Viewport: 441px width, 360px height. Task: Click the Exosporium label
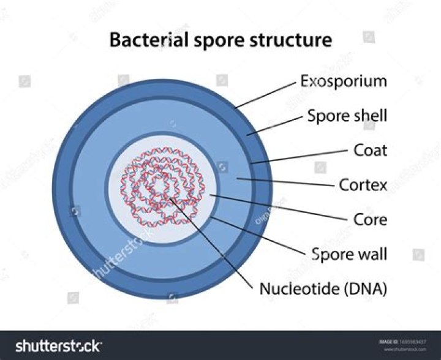pyautogui.click(x=343, y=81)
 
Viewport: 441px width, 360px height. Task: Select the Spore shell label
pyautogui.click(x=347, y=116)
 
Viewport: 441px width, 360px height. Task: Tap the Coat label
pyautogui.click(x=370, y=150)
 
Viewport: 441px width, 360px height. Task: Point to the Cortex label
pyautogui.click(x=363, y=184)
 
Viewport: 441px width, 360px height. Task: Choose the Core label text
pyautogui.click(x=370, y=219)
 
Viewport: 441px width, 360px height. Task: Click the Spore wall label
pyautogui.click(x=349, y=253)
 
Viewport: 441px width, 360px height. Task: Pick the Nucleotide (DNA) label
pyautogui.click(x=323, y=288)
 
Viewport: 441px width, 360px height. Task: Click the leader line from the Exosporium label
pyautogui.click(x=266, y=94)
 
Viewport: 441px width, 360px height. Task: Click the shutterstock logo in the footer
pyautogui.click(x=58, y=346)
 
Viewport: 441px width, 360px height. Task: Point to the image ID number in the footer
pyautogui.click(x=410, y=341)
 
